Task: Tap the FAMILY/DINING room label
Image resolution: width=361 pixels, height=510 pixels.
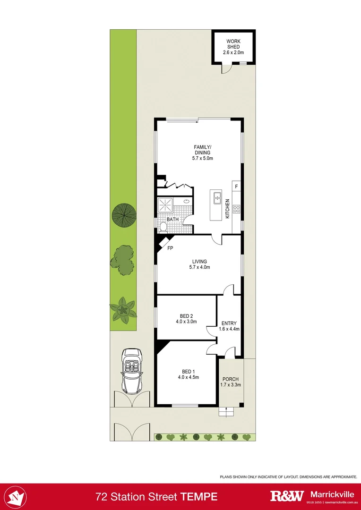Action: pyautogui.click(x=203, y=153)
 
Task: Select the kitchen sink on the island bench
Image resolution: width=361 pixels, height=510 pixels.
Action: pyautogui.click(x=217, y=199)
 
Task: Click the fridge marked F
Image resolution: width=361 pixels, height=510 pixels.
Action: pyautogui.click(x=237, y=186)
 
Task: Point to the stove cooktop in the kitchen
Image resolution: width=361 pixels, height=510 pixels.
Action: pyautogui.click(x=237, y=208)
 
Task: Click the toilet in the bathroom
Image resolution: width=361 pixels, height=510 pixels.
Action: pyautogui.click(x=163, y=227)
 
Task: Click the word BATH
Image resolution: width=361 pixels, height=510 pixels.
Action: pyautogui.click(x=172, y=219)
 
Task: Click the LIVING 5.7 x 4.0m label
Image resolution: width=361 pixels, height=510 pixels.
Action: pyautogui.click(x=199, y=264)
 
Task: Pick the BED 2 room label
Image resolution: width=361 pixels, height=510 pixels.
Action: pyautogui.click(x=186, y=319)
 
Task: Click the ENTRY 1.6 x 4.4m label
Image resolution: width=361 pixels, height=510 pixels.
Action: pyautogui.click(x=229, y=326)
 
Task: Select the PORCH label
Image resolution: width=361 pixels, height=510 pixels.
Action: pyautogui.click(x=231, y=382)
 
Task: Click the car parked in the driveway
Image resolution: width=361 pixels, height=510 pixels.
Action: pyautogui.click(x=131, y=371)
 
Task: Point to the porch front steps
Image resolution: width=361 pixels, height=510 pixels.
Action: pyautogui.click(x=226, y=412)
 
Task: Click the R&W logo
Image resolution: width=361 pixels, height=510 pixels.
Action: pyautogui.click(x=286, y=496)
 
